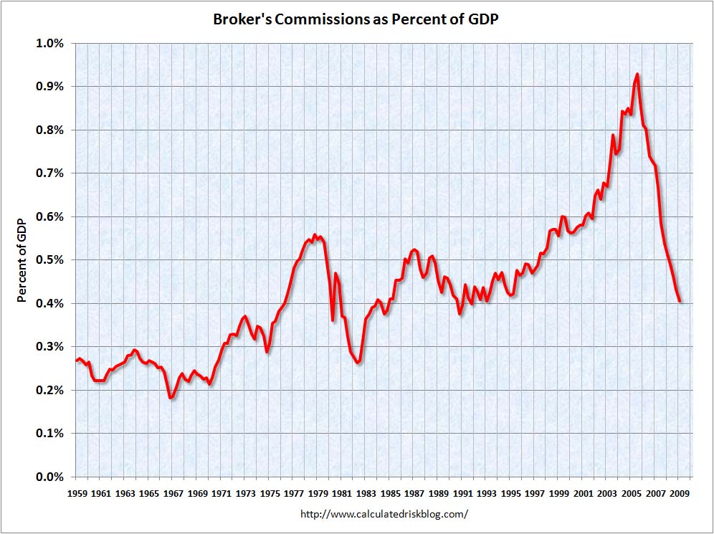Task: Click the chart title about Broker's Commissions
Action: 356,19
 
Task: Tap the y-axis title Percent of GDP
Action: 22,260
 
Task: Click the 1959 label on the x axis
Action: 76,494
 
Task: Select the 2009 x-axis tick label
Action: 680,494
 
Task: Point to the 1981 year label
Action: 342,494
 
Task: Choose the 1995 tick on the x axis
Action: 510,494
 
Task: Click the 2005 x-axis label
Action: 631,494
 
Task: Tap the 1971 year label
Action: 221,494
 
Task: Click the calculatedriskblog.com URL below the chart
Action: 384,514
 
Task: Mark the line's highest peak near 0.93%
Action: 637,74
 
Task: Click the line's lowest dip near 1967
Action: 171,397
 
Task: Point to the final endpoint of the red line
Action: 680,302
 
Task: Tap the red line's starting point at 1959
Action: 76,361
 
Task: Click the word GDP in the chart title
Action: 482,19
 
